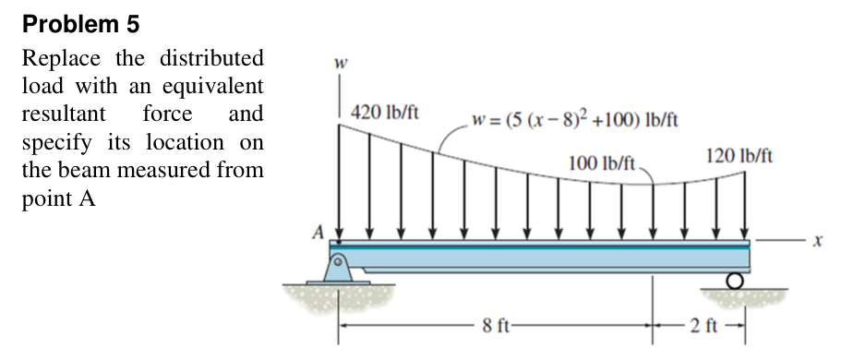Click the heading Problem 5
pyautogui.click(x=81, y=24)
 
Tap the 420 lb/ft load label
pyautogui.click(x=385, y=113)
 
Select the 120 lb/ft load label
pyautogui.click(x=739, y=156)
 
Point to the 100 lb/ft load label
pyautogui.click(x=603, y=163)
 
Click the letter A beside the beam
pyautogui.click(x=318, y=233)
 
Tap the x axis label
pyautogui.click(x=818, y=242)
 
